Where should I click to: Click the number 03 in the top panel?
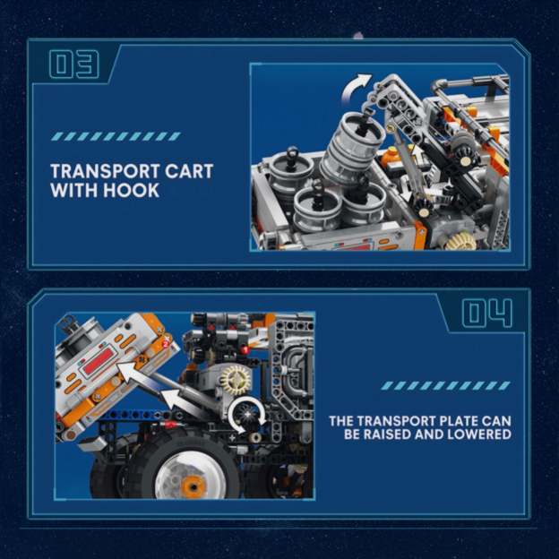pos(73,64)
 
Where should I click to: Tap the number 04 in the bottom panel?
pos(487,314)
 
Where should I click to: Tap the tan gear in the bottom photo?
pos(235,379)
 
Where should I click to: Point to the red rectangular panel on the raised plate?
pos(99,363)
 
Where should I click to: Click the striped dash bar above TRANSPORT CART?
pos(116,136)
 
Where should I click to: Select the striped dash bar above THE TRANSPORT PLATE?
pos(445,385)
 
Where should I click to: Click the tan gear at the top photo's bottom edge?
pos(461,240)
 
